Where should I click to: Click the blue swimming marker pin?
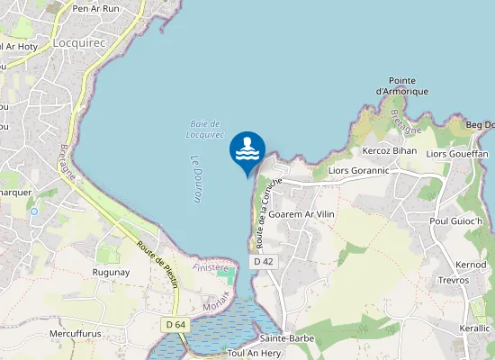tap(247, 150)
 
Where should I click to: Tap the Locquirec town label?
tap(80, 42)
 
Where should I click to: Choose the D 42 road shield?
tap(263, 261)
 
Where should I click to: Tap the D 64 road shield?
tap(175, 324)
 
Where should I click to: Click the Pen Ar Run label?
tap(96, 8)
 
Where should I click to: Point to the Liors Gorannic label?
tap(359, 170)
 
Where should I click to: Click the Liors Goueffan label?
tap(457, 154)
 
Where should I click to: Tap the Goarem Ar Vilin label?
tap(301, 215)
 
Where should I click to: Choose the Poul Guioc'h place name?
tap(456, 221)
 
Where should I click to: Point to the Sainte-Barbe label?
tap(285, 338)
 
